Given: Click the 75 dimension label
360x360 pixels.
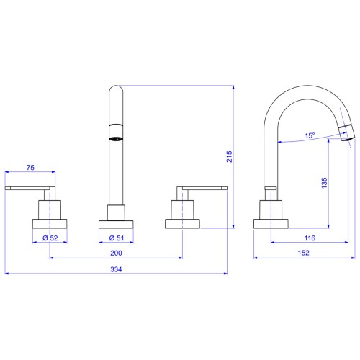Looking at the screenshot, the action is pyautogui.click(x=30, y=168).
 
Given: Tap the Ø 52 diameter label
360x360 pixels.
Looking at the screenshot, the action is pyautogui.click(x=50, y=238).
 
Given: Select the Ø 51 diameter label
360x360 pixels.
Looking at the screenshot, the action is pyautogui.click(x=117, y=238).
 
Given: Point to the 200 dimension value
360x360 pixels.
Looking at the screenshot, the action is pyautogui.click(x=116, y=253).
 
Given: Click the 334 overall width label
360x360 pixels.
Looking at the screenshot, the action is pyautogui.click(x=116, y=269).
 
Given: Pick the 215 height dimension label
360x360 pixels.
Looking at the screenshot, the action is pyautogui.click(x=230, y=156).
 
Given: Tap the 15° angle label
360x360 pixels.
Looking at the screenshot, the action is pyautogui.click(x=310, y=135).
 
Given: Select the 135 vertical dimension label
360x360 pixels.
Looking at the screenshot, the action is pyautogui.click(x=324, y=183).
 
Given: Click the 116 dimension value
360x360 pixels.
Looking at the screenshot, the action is pyautogui.click(x=310, y=238).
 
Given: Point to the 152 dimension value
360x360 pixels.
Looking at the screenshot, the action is pyautogui.click(x=304, y=253).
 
